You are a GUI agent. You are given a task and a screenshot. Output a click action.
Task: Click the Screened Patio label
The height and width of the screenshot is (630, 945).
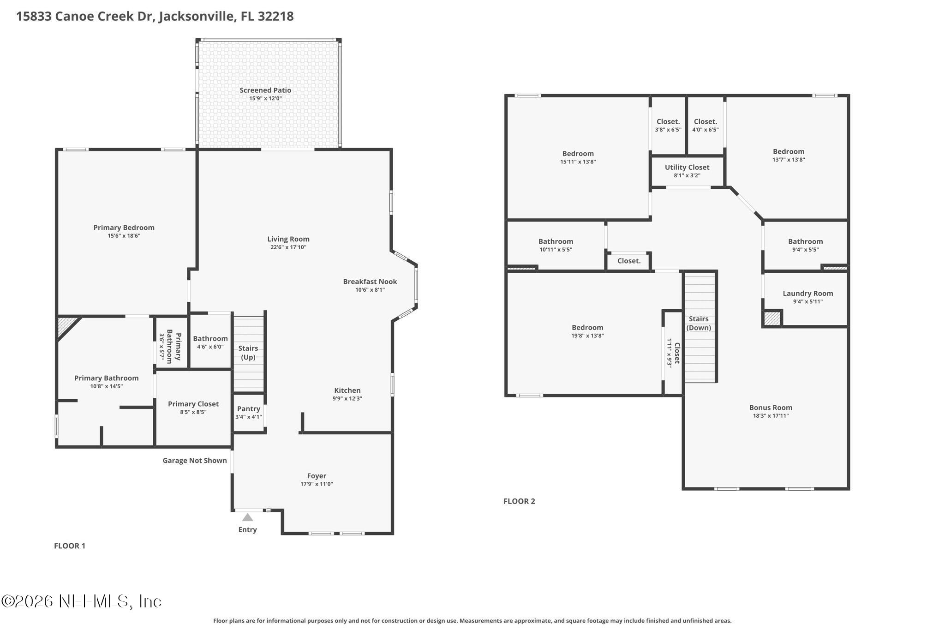pos(265,90)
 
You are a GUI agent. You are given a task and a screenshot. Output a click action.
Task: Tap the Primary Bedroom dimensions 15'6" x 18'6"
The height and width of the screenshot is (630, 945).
pos(124,236)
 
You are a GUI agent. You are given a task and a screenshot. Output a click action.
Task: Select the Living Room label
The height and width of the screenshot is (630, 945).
pos(288,239)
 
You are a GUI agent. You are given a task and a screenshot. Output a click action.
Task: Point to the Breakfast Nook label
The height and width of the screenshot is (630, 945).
pos(370,282)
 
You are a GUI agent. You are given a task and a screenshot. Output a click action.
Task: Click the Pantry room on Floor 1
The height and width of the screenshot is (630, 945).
pos(249,412)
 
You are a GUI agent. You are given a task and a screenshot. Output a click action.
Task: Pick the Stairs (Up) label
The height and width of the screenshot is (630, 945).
pos(248,353)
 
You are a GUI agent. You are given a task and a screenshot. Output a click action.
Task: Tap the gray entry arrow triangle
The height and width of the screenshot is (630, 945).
pos(248,517)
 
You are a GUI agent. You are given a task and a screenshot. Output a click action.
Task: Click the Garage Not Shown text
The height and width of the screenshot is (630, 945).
pos(195,460)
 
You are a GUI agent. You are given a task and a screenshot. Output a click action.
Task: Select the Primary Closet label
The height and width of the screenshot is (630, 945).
pos(193,404)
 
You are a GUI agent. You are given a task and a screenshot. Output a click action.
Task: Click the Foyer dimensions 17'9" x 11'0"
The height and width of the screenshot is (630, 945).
pos(317,484)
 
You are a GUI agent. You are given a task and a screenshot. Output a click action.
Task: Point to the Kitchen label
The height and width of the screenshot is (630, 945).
pos(347,390)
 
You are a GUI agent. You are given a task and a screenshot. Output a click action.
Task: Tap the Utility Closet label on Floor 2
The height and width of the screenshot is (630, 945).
pos(687,167)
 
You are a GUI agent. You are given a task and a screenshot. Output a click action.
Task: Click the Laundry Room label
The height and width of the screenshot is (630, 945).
pos(808,293)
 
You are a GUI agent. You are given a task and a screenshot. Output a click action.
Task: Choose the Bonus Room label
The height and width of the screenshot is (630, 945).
pos(771,408)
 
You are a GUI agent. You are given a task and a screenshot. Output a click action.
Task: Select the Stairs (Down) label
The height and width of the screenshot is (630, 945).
pos(699,323)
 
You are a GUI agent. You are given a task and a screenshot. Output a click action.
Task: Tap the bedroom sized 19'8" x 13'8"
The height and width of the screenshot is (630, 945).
pos(587,331)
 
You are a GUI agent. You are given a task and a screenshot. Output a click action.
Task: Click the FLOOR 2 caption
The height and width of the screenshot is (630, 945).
pos(519,501)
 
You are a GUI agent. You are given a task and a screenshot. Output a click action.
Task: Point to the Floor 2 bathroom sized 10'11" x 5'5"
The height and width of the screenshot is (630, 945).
pos(556,245)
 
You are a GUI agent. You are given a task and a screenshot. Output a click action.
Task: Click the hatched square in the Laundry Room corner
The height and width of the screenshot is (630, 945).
pos(772,318)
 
